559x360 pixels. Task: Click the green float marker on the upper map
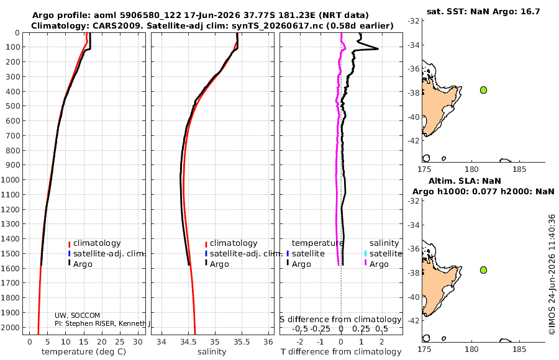coord(483,90)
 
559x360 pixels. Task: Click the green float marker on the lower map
coord(483,270)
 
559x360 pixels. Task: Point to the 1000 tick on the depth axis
coord(10,179)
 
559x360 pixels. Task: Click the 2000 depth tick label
coord(10,327)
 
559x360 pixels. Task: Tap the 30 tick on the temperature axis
coord(138,342)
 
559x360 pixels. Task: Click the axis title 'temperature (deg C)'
coord(84,352)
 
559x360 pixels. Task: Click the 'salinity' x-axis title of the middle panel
coord(212,352)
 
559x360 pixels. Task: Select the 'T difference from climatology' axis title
coord(341,352)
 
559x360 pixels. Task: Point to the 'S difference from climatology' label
coord(340,320)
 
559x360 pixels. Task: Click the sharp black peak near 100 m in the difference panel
coord(378,49)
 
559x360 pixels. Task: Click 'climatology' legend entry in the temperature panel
coord(94,243)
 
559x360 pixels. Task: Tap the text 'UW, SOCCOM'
coord(78,315)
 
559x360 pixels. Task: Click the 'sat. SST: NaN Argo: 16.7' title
coord(483,11)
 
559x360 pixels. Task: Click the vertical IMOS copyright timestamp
coord(552,274)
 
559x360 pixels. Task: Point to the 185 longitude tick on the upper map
coord(519,169)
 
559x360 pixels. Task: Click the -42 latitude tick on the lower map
coord(414,320)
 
